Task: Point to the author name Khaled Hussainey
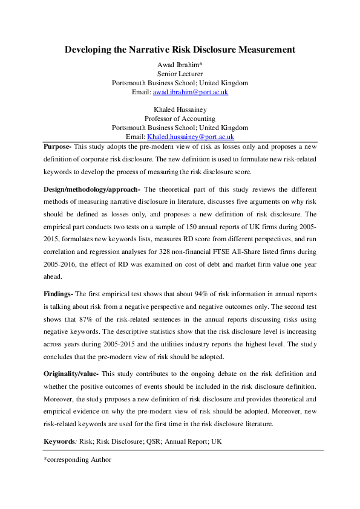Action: click(x=180, y=109)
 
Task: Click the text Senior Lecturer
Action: click(x=180, y=73)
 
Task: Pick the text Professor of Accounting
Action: click(x=180, y=118)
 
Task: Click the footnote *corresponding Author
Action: click(x=77, y=460)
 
